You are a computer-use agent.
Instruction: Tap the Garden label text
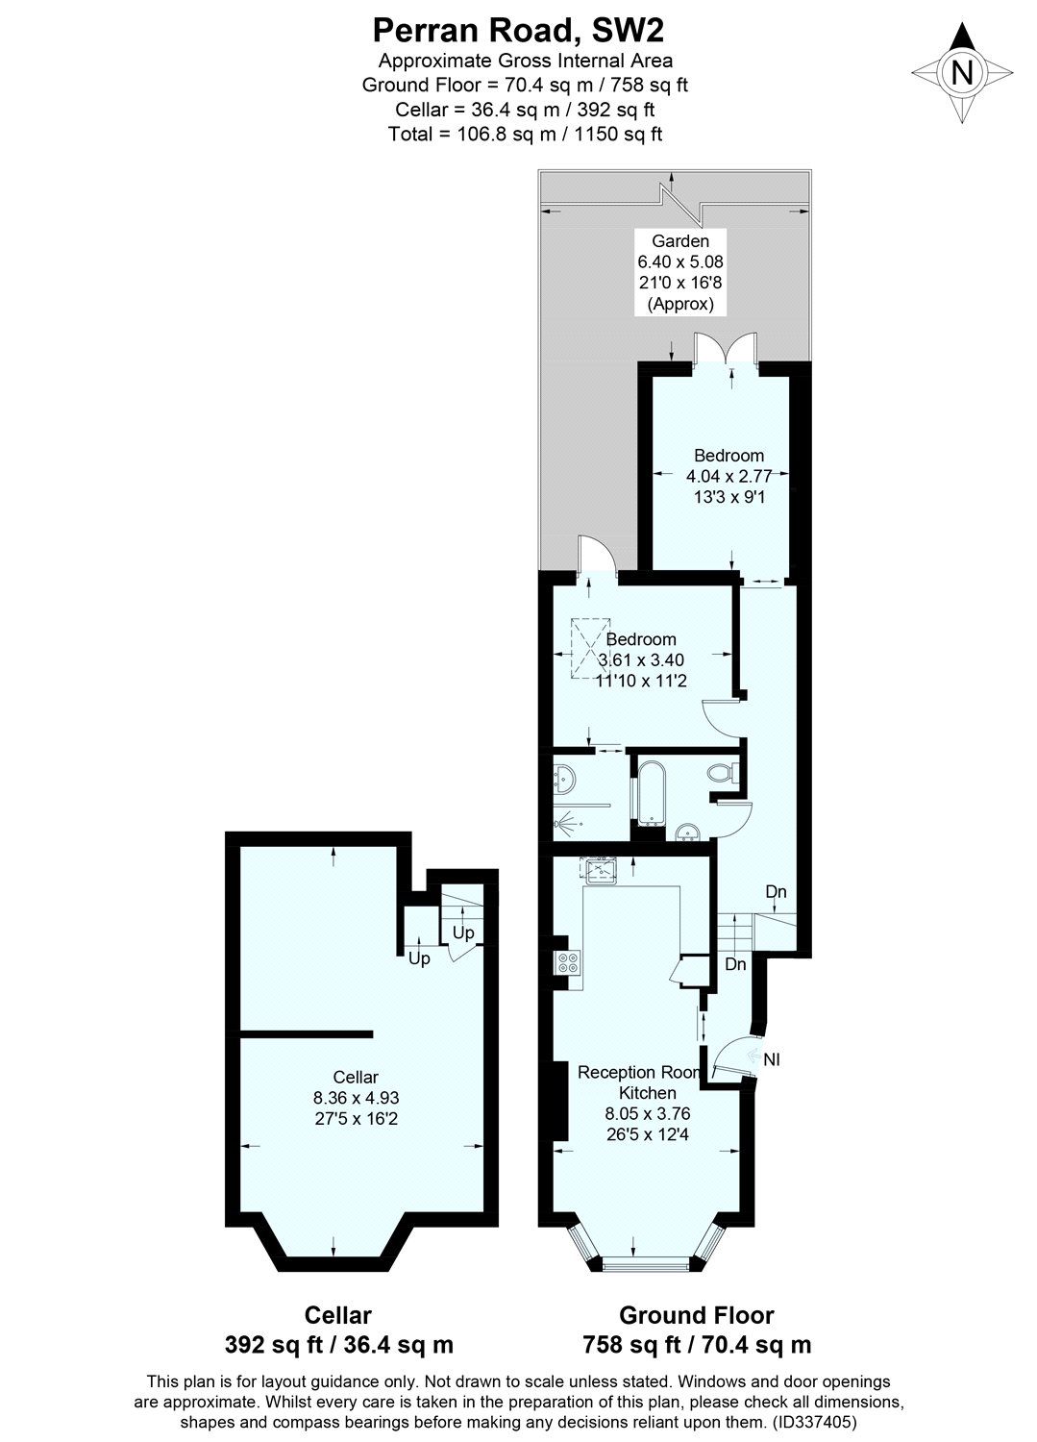[x=679, y=241]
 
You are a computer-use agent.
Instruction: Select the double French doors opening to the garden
[x=726, y=351]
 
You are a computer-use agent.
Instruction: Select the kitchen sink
[x=604, y=870]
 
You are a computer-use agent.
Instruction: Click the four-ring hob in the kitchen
[x=566, y=961]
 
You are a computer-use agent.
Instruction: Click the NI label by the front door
[x=772, y=1059]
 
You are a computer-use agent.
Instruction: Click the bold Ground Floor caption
[x=697, y=1315]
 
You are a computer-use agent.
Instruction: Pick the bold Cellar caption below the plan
[x=337, y=1315]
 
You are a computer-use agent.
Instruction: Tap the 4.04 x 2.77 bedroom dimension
[x=729, y=476]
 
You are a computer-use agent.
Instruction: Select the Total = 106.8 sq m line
[x=525, y=134]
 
